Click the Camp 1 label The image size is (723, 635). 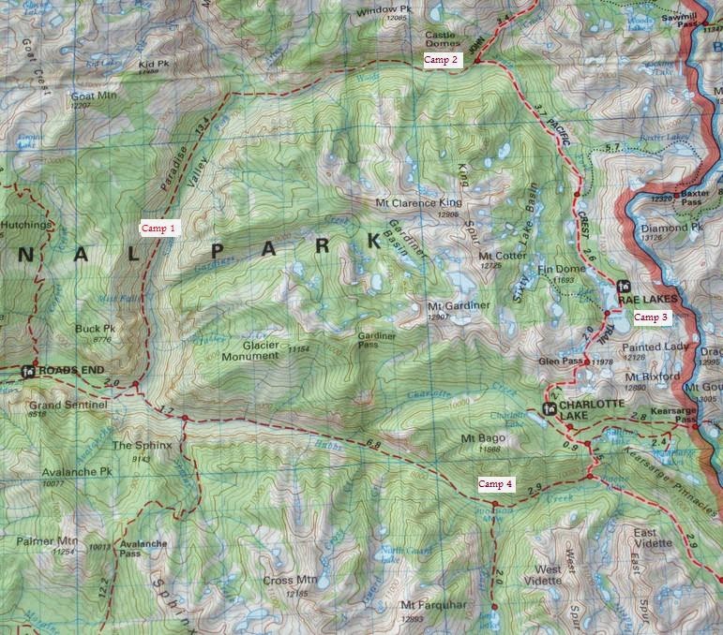(158, 228)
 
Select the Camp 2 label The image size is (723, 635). (441, 60)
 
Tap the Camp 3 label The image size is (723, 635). (651, 317)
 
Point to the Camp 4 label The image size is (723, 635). (496, 484)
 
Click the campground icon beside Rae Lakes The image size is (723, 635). (622, 287)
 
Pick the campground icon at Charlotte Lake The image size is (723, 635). (551, 409)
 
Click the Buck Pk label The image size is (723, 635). (96, 330)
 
